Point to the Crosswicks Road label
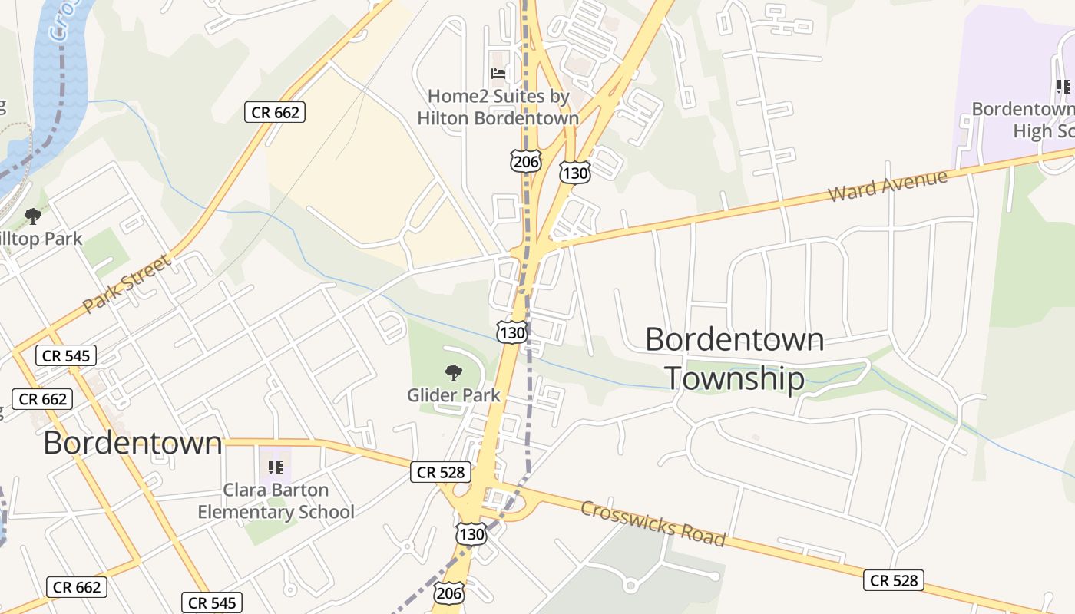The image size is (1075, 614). [653, 524]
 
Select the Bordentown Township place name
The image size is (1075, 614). [734, 359]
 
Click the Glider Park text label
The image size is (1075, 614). [454, 395]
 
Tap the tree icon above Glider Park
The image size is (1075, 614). [454, 373]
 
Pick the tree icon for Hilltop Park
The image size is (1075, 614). [33, 216]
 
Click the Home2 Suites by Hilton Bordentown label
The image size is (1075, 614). [498, 107]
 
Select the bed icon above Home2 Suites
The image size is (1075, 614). [498, 74]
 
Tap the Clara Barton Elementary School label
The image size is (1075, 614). [276, 500]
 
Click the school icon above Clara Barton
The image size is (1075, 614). [276, 467]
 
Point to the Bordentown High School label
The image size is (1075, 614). [1025, 120]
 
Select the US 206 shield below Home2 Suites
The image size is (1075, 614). [525, 161]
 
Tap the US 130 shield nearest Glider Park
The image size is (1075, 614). [511, 332]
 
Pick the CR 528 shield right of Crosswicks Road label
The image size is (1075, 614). [893, 580]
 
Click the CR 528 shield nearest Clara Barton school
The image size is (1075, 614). [441, 472]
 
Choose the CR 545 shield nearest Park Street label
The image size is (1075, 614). [67, 355]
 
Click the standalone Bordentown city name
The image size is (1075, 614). [133, 443]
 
